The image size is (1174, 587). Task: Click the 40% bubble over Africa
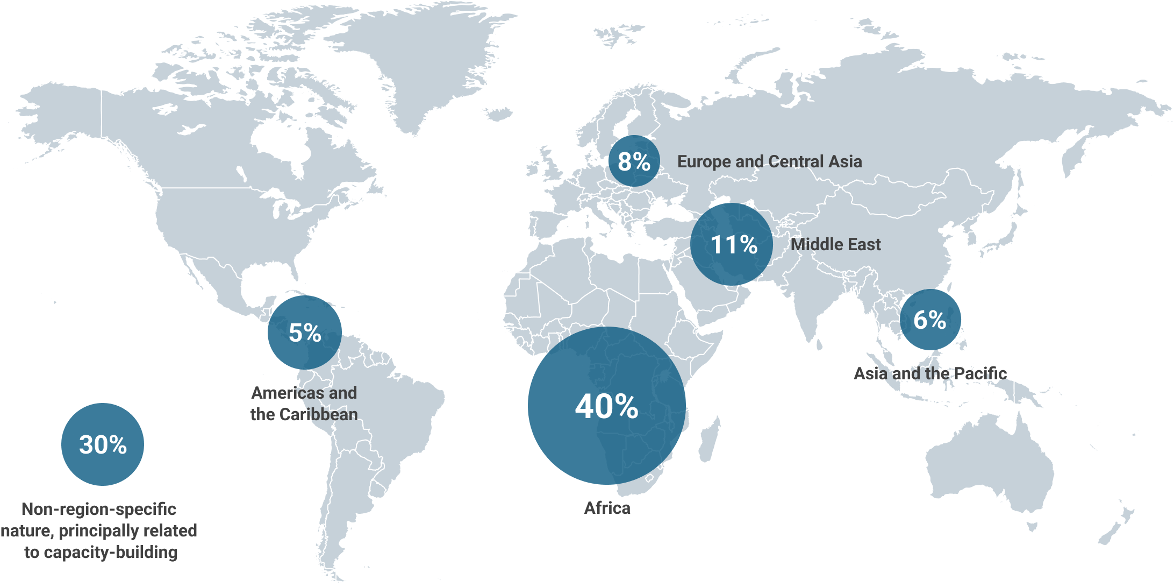coord(606,406)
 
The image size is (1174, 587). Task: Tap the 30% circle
coord(103,444)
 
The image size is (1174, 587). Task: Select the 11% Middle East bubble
coord(732,244)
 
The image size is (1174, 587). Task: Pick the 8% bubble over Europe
coord(634,161)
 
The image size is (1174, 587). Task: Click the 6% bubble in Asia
coord(930,320)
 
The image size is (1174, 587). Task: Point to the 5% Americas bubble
coord(305,333)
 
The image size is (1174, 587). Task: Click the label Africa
coord(607,508)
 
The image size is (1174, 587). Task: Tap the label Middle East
coord(835,244)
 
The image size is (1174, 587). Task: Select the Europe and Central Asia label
coord(769,161)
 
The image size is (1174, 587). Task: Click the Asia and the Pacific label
coord(930,373)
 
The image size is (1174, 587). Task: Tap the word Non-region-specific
coord(99,509)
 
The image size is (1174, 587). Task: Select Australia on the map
coord(989,468)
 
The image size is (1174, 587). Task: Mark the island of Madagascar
coord(710,439)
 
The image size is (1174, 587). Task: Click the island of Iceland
coord(498,114)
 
